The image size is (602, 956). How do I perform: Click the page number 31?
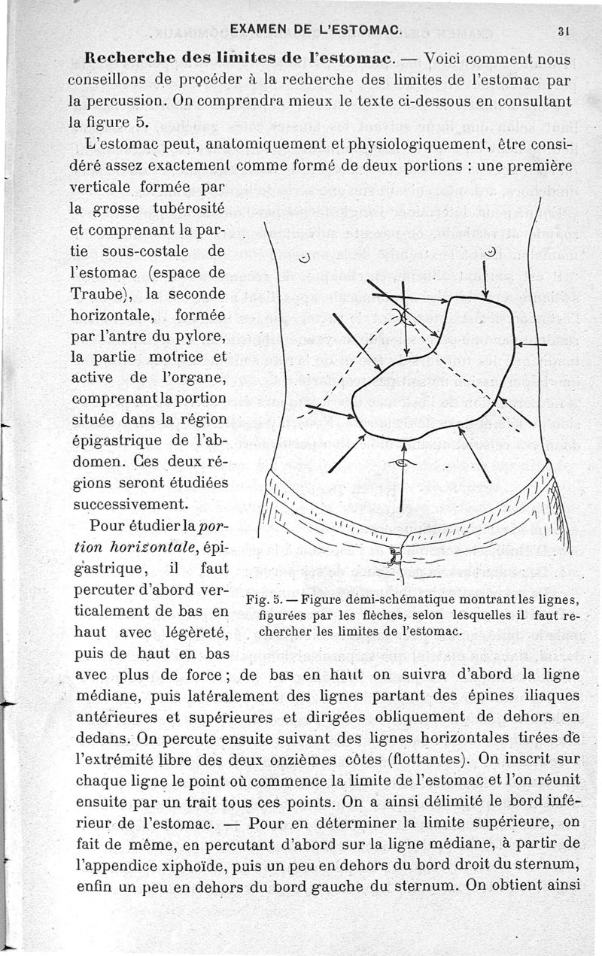(562, 32)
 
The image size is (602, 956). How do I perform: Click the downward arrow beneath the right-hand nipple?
(485, 279)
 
